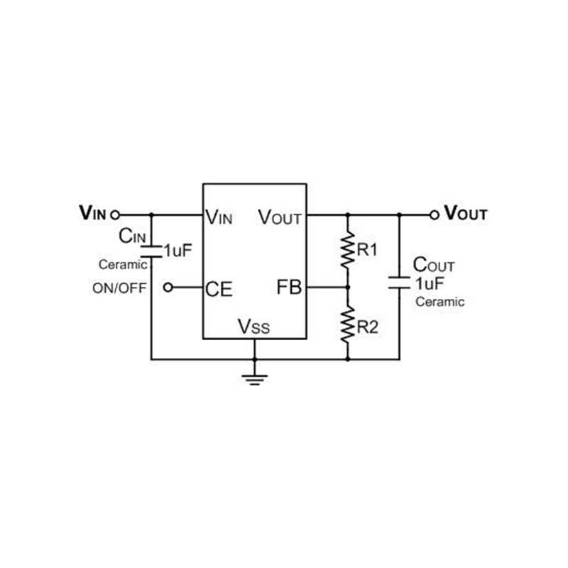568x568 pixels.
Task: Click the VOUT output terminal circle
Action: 435,214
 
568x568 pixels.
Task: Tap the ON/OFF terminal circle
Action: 168,288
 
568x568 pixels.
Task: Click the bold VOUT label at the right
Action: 466,214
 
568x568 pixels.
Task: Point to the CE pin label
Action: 219,288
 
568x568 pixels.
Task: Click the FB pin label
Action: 290,288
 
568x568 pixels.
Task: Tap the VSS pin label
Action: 253,327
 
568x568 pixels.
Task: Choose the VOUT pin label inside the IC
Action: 280,216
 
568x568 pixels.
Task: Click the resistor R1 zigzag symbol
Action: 347,250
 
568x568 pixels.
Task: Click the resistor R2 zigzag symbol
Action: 347,324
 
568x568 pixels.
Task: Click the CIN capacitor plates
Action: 151,251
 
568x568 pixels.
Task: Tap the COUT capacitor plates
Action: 399,280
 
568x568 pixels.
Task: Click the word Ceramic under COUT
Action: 439,302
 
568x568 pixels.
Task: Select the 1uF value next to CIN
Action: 177,251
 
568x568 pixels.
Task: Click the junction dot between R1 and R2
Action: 347,288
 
